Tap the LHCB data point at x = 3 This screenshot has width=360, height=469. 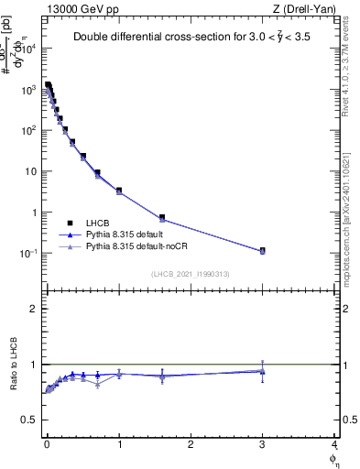[263, 250]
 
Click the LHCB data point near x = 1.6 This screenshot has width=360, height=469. [162, 218]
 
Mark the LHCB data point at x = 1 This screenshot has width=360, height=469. [119, 191]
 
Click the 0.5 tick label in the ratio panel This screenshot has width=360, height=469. [31, 420]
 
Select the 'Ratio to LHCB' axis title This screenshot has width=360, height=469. [12, 365]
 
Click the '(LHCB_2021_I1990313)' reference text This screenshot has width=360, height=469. [190, 275]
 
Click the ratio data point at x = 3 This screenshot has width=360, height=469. [263, 371]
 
